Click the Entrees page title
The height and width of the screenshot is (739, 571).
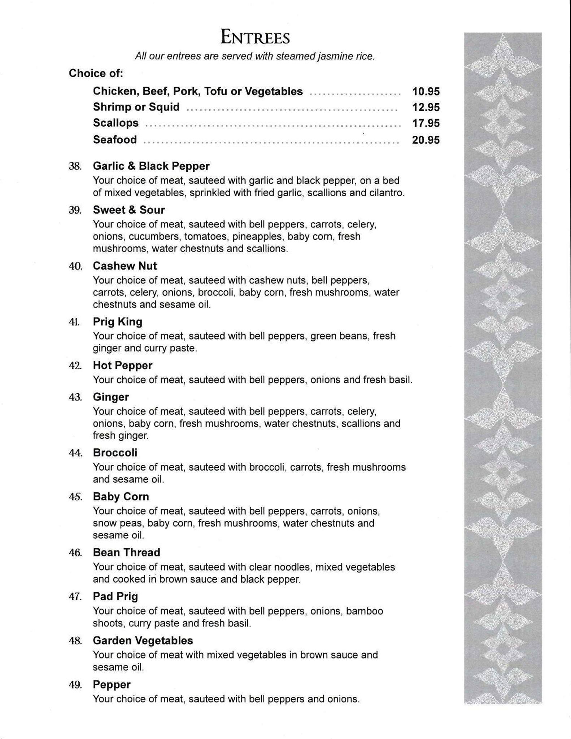[255, 38]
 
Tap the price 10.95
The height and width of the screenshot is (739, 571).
[426, 91]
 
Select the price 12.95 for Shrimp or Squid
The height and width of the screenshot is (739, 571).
[426, 107]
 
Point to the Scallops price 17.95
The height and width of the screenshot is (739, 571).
[426, 123]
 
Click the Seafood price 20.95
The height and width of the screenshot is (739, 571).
[426, 140]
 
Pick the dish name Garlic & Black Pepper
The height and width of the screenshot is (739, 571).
[151, 166]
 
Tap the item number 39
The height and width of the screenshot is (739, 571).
[75, 210]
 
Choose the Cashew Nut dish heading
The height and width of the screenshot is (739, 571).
[125, 266]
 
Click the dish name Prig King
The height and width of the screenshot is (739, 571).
[117, 322]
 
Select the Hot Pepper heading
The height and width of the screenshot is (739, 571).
[122, 366]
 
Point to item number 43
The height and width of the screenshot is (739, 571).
[75, 397]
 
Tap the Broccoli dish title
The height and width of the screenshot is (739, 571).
[115, 453]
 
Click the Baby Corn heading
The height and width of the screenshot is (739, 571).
[121, 497]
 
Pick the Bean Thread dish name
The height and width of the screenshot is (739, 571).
[126, 552]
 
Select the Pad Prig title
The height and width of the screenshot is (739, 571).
[115, 596]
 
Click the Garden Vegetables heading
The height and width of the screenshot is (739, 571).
[143, 640]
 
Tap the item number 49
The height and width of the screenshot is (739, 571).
[75, 685]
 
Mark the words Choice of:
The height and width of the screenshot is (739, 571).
[96, 73]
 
